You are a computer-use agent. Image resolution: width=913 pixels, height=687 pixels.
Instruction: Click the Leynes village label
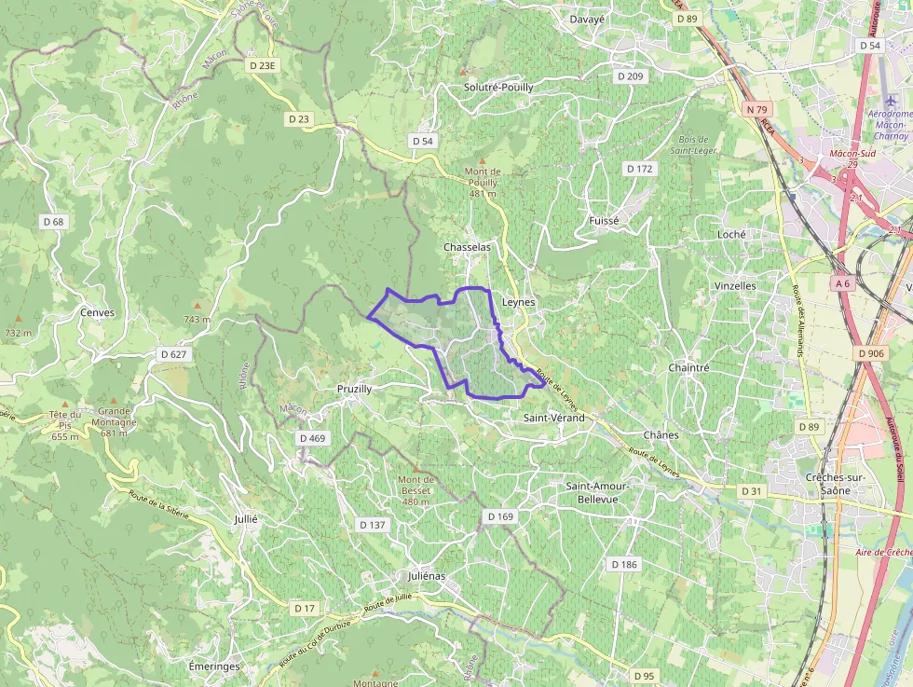(519, 303)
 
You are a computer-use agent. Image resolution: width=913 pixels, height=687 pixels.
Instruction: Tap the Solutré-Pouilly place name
(498, 87)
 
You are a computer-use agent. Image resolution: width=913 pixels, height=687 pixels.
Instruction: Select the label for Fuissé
(604, 220)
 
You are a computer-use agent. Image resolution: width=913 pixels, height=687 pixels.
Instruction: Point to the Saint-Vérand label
(553, 419)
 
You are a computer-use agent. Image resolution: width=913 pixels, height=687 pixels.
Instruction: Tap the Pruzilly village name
(354, 389)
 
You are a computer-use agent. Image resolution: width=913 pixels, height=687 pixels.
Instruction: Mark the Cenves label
(97, 312)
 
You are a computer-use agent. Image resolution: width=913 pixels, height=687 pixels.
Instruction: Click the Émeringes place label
(213, 666)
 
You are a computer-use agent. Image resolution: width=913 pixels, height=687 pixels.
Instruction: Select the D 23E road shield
(264, 65)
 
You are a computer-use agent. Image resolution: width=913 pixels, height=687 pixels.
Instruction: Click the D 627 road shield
(174, 354)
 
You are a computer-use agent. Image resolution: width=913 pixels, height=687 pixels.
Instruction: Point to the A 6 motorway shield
(843, 282)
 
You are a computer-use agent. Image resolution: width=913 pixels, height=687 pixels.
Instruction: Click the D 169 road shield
(499, 516)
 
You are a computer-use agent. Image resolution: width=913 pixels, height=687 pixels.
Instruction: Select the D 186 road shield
(624, 565)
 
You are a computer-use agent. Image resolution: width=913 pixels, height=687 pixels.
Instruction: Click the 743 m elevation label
(198, 320)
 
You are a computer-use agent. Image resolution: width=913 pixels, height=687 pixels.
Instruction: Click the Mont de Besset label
(416, 490)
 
